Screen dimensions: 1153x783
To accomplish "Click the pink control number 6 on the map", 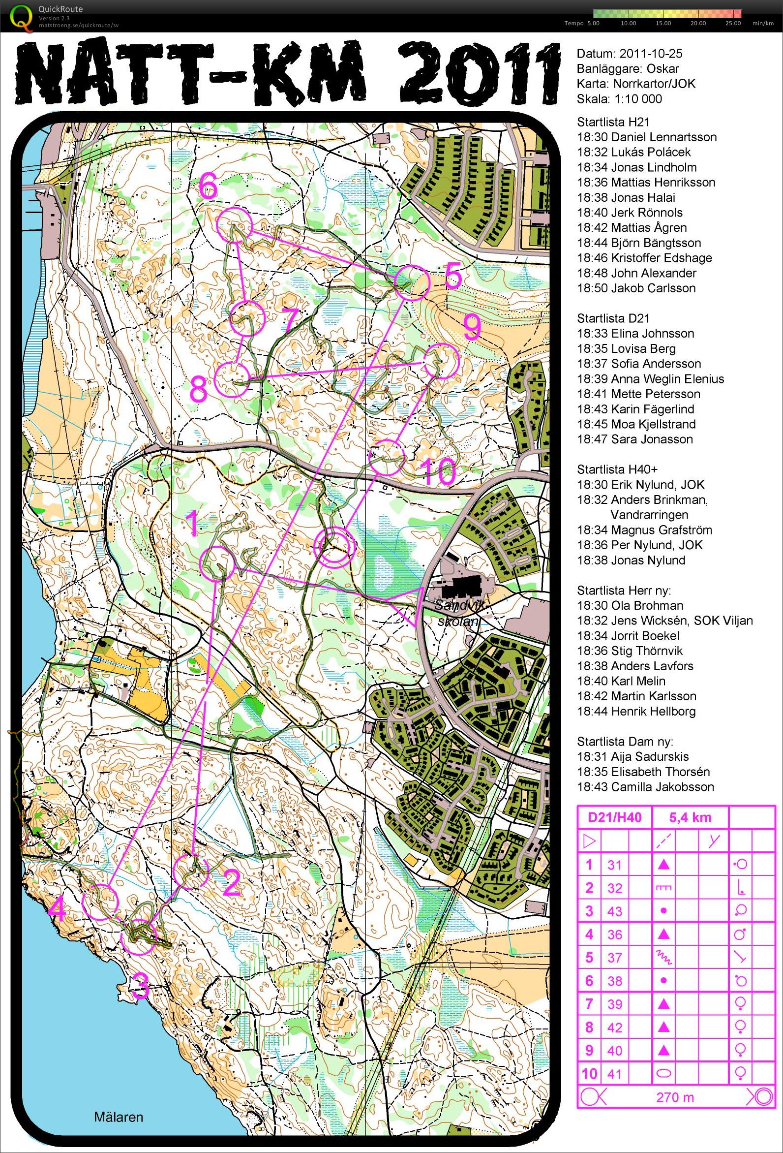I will (x=208, y=188).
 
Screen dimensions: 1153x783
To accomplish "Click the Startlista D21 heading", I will (x=613, y=318).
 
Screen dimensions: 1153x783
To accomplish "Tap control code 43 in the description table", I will (x=614, y=911).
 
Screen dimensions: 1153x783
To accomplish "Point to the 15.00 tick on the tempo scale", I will (x=663, y=23).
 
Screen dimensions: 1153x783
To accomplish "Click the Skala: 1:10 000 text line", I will (x=619, y=99).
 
